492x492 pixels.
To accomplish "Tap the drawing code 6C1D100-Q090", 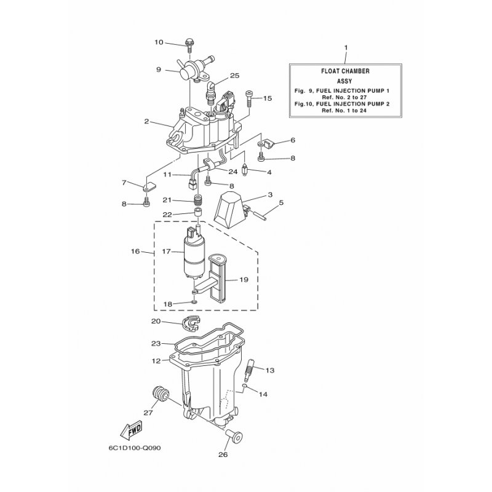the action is pyautogui.click(x=135, y=448).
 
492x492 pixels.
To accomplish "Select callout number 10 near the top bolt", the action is pyautogui.click(x=159, y=42).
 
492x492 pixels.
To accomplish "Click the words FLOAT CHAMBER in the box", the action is pyautogui.click(x=345, y=71).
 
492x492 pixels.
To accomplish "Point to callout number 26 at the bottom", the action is pyautogui.click(x=223, y=454).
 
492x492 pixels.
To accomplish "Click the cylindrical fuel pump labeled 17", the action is pyautogui.click(x=194, y=253).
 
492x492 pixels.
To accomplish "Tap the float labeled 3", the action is pyautogui.click(x=230, y=207).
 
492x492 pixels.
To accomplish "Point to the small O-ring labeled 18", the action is pyautogui.click(x=194, y=302).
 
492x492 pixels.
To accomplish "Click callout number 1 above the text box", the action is pyautogui.click(x=346, y=48).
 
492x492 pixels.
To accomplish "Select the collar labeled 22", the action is pyautogui.click(x=197, y=213).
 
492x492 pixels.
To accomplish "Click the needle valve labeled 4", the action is pyautogui.click(x=245, y=171).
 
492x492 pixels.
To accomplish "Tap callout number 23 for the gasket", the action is pyautogui.click(x=156, y=343).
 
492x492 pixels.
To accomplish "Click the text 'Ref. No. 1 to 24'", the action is pyautogui.click(x=344, y=111).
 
